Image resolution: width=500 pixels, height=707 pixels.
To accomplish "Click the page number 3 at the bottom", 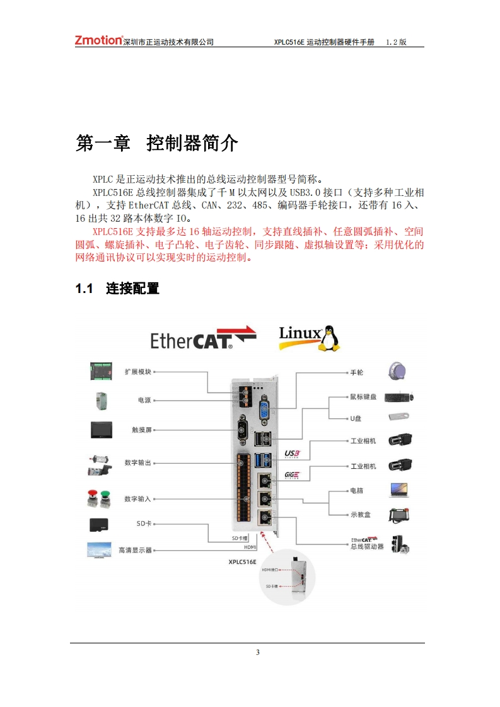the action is [x=257, y=652].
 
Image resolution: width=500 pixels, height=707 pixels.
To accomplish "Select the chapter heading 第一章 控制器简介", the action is [x=157, y=143].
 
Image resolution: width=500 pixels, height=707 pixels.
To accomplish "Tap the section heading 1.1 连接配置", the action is [x=117, y=289].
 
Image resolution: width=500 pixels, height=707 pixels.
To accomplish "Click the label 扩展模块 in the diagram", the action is [x=138, y=372].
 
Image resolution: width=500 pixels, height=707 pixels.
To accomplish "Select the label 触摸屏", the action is [x=142, y=430].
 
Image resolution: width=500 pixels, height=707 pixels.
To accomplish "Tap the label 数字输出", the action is [x=138, y=463].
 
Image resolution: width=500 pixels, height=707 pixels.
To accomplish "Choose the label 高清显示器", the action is [x=136, y=550].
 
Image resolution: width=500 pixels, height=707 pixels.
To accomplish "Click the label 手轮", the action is [x=356, y=372].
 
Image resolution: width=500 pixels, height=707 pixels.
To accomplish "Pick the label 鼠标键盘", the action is [x=363, y=396].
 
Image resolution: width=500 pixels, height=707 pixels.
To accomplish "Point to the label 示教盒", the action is [x=360, y=515].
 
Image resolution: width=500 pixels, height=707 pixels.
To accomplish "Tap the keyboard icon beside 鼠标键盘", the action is [x=400, y=397].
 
